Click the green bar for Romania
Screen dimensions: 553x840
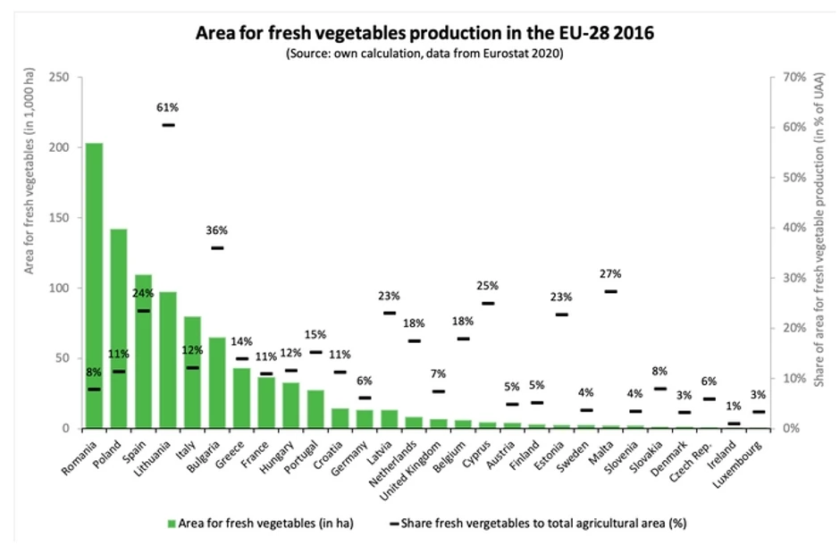click(x=94, y=286)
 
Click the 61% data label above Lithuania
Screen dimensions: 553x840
click(x=168, y=108)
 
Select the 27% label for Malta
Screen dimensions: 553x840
click(x=610, y=274)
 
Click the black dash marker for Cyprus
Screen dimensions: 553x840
click(x=488, y=304)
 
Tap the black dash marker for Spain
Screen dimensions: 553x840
click(x=143, y=311)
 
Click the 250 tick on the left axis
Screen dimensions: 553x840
click(x=59, y=77)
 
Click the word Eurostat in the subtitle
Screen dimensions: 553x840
click(x=488, y=54)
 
